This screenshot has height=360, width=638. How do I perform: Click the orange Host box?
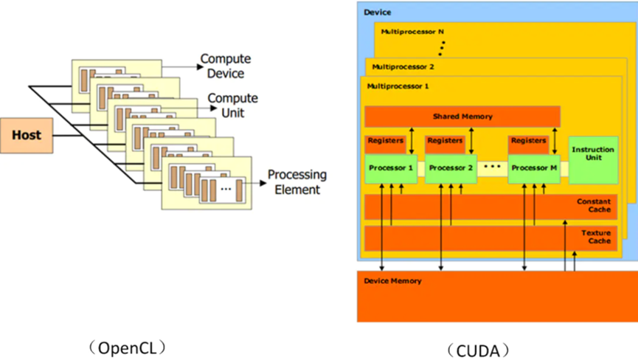click(x=27, y=135)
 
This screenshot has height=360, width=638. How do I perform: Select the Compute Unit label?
click(x=232, y=105)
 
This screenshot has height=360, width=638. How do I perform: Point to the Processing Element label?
click(x=297, y=182)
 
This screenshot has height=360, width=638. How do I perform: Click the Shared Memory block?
click(x=462, y=117)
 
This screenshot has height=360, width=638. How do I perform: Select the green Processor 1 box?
click(x=391, y=167)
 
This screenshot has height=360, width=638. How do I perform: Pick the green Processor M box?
click(x=530, y=167)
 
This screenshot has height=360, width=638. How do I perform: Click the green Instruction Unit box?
click(x=592, y=154)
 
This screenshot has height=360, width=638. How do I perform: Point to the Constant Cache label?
click(x=594, y=205)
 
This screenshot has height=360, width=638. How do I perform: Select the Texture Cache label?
click(x=595, y=236)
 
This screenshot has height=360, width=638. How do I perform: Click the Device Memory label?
click(x=392, y=281)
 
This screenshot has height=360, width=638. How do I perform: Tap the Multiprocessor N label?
click(x=412, y=32)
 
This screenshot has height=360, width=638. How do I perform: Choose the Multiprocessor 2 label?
click(x=403, y=66)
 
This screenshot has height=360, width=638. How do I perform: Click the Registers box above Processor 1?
click(x=384, y=140)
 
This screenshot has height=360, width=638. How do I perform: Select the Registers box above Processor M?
click(x=527, y=140)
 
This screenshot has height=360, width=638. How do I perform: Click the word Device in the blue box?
click(x=377, y=13)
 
